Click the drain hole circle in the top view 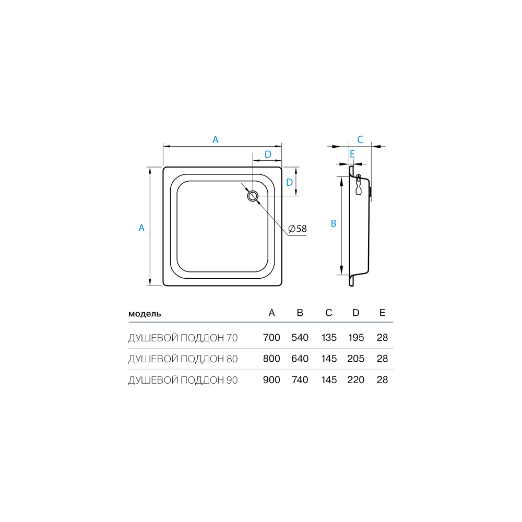[253, 196]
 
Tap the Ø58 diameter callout [298, 229]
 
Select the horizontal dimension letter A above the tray [215, 139]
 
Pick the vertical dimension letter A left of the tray [141, 228]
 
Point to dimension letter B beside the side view [334, 223]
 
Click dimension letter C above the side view [360, 139]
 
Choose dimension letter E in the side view [352, 154]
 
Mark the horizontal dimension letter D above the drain [267, 154]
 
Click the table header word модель [145, 314]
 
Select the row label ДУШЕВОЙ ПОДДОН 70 [183, 338]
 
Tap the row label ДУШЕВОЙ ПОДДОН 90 [183, 380]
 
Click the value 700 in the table [272, 338]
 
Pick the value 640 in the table [300, 359]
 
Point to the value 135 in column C [329, 338]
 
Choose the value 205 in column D [355, 359]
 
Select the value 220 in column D [355, 380]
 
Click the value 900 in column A [272, 380]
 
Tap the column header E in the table [383, 313]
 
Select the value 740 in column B [300, 380]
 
